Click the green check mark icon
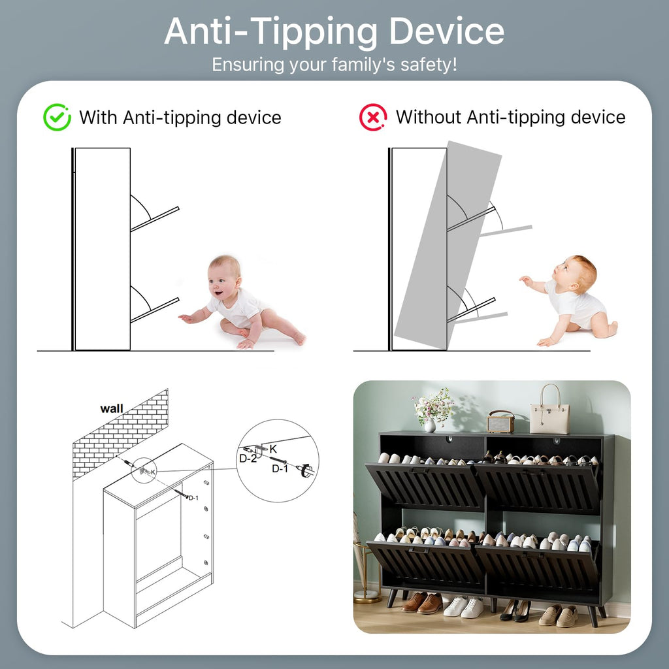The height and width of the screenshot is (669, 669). point(57,118)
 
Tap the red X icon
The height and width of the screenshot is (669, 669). point(373,118)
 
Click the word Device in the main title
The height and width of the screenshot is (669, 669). point(447,31)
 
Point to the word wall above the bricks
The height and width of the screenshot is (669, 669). point(111,409)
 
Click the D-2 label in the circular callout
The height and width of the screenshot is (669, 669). point(248,459)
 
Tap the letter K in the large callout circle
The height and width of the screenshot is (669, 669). point(273,449)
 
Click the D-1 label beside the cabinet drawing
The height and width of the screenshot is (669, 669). point(193,498)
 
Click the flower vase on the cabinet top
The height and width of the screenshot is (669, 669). point(430,425)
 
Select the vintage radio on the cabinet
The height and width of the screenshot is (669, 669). point(501,422)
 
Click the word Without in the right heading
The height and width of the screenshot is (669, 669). point(429,117)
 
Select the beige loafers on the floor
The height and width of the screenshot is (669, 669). point(559,616)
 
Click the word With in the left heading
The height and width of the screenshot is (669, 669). point(99,118)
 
